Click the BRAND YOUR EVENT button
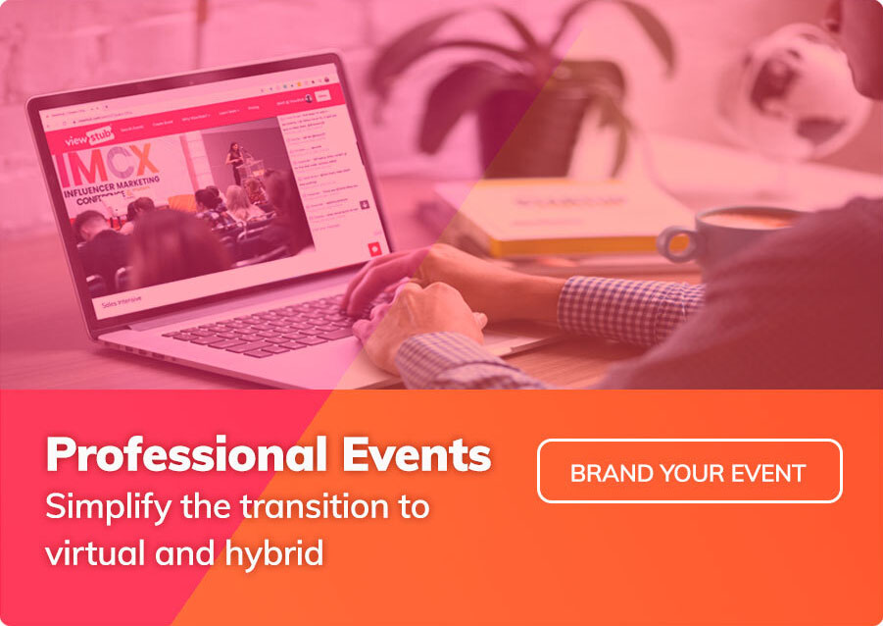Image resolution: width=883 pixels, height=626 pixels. coord(689,471)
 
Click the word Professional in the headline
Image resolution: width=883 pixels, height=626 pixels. coord(183,454)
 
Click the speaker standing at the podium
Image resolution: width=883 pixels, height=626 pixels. coord(235,162)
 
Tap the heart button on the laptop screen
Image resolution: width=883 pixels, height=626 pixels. coord(372,249)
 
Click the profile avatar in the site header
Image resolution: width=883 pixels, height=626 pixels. coord(309,98)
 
